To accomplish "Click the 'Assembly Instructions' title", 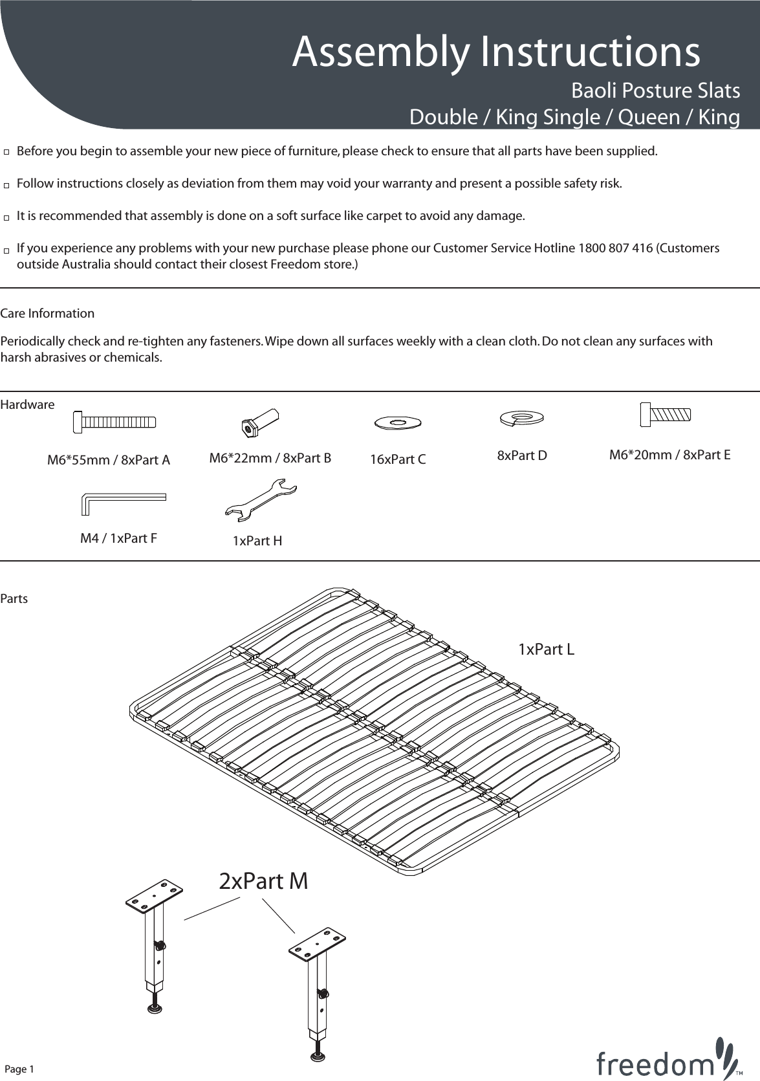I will (495, 52).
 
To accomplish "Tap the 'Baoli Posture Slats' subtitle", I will (655, 91).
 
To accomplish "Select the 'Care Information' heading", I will (47, 314).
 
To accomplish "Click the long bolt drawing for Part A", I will (114, 422).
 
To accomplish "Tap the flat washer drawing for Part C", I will (398, 422).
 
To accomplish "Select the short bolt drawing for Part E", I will (665, 414).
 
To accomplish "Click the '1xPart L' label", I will (546, 650).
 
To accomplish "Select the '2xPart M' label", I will (263, 881).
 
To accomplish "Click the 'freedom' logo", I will (666, 1060).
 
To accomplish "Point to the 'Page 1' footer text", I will (19, 1069).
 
